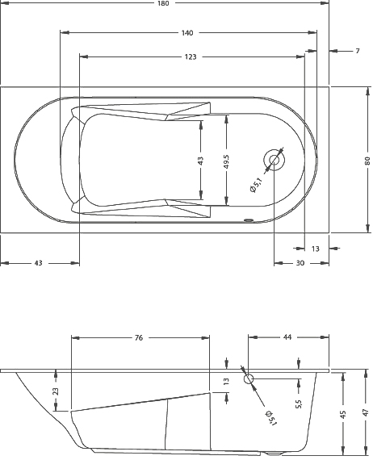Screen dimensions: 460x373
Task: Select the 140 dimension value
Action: [187, 33]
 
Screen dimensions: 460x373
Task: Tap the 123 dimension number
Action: [191, 57]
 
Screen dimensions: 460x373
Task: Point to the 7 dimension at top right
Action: [357, 52]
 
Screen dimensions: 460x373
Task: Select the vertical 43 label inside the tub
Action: [201, 160]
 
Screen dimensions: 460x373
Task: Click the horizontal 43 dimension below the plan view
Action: [39, 263]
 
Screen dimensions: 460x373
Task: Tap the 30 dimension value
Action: [300, 263]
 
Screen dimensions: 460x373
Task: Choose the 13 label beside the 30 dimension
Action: [316, 249]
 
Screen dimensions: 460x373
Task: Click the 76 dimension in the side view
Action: [138, 338]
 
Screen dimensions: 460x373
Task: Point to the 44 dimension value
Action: [287, 338]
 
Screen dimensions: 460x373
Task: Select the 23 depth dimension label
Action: [55, 391]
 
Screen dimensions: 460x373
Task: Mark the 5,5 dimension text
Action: [299, 402]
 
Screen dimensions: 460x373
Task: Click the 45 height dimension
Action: [343, 413]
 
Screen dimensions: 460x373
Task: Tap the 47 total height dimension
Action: [366, 412]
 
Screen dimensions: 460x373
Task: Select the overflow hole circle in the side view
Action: [248, 378]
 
